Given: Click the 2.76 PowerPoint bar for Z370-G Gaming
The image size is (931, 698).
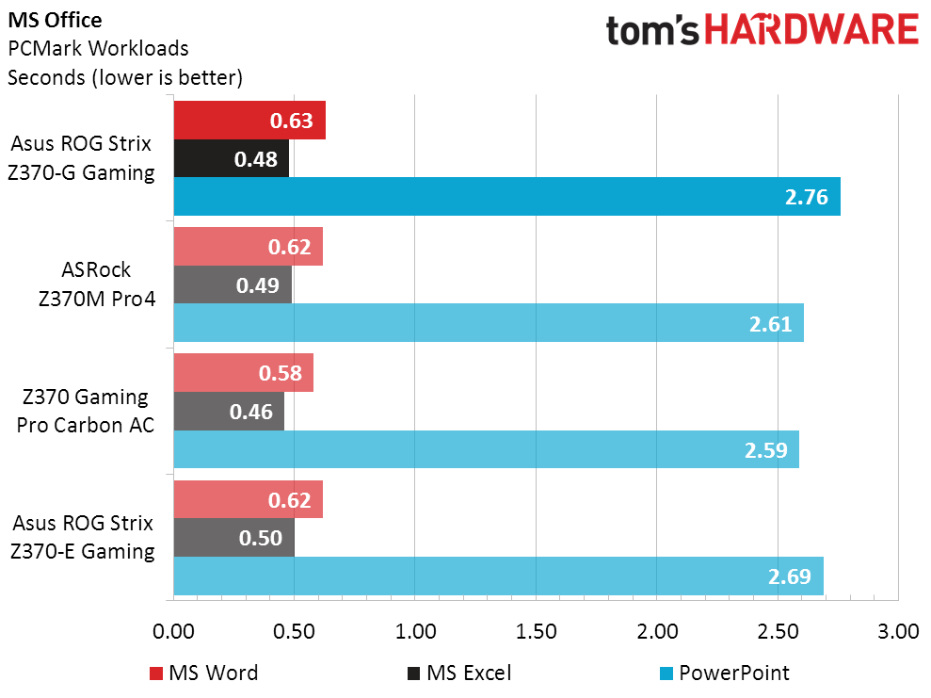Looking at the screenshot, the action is point(507,197).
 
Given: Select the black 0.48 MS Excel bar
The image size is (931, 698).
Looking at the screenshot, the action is point(232,158).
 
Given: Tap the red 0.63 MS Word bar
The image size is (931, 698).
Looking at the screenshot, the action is point(250,120).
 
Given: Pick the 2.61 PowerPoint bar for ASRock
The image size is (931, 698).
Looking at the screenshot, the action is point(489,323).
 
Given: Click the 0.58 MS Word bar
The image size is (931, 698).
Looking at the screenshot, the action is point(244,373).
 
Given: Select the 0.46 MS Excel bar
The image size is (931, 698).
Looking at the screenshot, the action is point(229,411).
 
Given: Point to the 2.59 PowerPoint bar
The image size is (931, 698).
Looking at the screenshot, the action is point(487,449).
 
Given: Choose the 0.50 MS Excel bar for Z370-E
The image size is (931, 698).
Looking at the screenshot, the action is point(234,538).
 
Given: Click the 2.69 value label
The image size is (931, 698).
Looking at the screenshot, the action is point(789,576).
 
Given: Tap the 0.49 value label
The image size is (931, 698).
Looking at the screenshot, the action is point(258,285).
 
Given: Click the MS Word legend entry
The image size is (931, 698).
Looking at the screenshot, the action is point(203,674).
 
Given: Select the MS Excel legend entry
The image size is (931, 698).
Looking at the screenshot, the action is point(459,674).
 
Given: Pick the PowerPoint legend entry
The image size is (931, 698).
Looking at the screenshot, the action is point(725,674).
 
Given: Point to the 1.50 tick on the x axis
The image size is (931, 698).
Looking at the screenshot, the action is point(536,631).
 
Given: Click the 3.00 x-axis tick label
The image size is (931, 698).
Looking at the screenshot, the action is point(898,631).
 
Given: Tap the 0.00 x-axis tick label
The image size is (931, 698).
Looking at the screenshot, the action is point(173,631).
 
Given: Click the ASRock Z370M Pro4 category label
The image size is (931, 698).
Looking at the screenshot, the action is point(97,284).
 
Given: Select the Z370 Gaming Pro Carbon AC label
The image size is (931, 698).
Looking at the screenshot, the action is point(86,411).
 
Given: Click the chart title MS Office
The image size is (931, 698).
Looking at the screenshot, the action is point(55,20).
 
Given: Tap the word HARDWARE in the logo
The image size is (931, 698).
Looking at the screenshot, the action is point(811,30).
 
